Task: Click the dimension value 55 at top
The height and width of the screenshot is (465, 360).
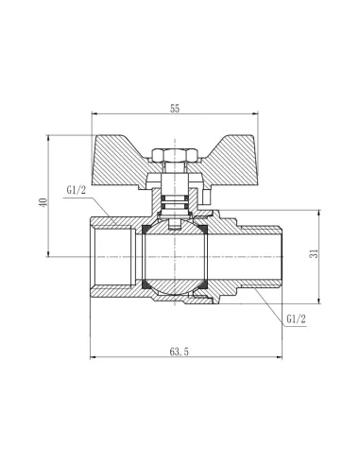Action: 176,109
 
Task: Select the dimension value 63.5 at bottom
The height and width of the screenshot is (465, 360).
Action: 177,352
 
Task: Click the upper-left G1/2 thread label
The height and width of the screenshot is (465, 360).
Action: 80,192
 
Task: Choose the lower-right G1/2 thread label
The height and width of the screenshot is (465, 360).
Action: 296,320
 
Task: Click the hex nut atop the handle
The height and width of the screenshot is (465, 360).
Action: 176,154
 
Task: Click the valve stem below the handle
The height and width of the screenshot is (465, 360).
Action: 175,194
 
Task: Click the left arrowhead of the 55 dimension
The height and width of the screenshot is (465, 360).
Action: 94,115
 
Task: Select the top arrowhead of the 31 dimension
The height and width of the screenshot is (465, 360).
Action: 313,214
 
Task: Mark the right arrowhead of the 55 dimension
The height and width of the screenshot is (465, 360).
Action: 259,115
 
